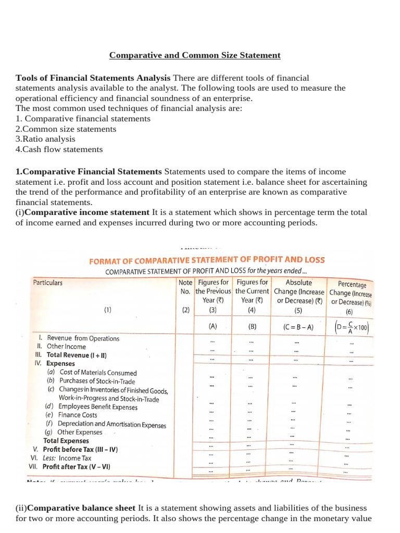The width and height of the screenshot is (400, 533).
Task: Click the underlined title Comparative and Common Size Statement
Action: click(194, 55)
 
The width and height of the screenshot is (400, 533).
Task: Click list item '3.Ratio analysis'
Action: click(45, 139)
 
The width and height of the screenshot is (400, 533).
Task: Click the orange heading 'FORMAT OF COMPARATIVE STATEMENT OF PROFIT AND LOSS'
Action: click(207, 260)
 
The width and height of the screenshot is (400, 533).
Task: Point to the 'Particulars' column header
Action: click(48, 283)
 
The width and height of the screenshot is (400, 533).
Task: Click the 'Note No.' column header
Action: click(185, 287)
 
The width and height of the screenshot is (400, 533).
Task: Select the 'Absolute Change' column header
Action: click(298, 291)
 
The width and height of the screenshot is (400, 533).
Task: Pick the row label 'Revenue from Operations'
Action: click(83, 338)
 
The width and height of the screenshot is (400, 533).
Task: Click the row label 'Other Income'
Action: click(66, 346)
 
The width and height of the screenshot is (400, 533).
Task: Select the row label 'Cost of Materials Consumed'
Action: click(98, 373)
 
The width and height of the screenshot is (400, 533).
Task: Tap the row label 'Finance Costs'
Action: click(78, 415)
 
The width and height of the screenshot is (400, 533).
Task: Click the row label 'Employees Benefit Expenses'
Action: click(98, 407)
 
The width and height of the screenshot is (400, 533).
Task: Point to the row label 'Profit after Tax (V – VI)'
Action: click(77, 467)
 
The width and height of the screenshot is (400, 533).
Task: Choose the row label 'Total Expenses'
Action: click(66, 440)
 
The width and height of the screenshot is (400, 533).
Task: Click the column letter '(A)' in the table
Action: click(213, 327)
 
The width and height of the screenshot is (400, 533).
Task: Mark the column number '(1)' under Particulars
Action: click(107, 309)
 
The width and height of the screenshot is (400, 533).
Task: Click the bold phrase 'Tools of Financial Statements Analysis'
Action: click(93, 78)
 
